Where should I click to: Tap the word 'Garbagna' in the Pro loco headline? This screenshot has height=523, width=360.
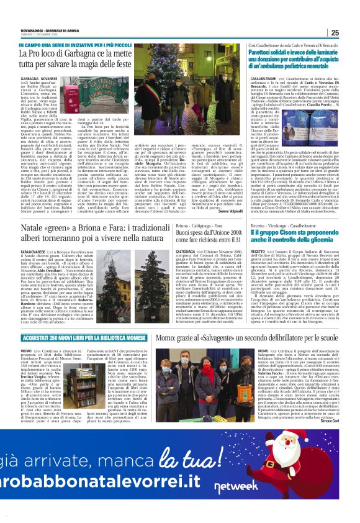click(x=78, y=53)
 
